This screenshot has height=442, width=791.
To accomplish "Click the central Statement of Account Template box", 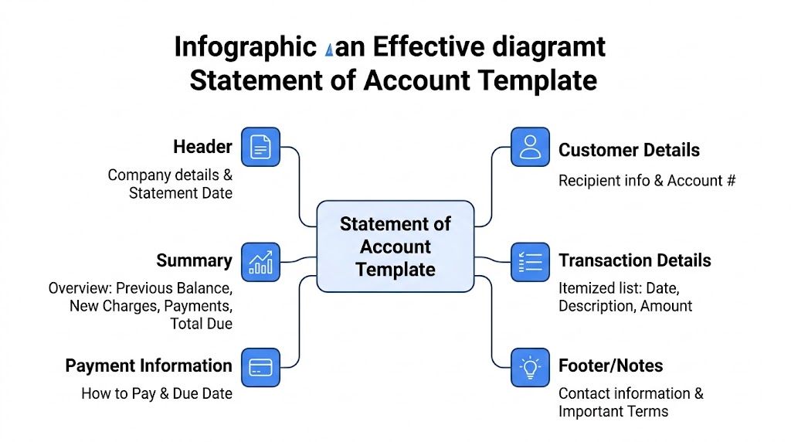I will tap(395, 246).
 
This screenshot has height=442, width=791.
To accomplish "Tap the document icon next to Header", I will tap(261, 147).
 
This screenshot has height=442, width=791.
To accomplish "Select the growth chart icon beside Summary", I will tap(261, 261).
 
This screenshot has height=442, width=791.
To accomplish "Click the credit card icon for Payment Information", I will tap(261, 367).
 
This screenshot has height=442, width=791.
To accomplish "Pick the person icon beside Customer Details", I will tap(531, 147).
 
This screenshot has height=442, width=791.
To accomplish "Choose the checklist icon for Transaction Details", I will tap(531, 261).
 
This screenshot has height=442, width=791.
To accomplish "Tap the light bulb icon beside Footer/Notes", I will tap(531, 367).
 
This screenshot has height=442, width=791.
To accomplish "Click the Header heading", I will tap(202, 147).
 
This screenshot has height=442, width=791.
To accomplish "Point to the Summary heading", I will tap(194, 260).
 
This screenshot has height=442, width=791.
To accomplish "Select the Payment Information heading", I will tap(148, 365).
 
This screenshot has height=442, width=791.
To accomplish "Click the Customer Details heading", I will tap(629, 150).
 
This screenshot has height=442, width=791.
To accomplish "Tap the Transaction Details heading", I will tap(634, 260).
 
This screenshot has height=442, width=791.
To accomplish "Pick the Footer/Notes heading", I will tap(610, 365).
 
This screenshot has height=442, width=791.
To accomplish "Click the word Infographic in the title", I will tap(245, 48).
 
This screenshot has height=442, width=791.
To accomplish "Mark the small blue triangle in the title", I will tap(331, 50).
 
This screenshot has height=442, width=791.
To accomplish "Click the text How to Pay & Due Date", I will tap(157, 393).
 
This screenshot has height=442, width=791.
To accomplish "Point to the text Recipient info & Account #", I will tap(647, 181).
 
